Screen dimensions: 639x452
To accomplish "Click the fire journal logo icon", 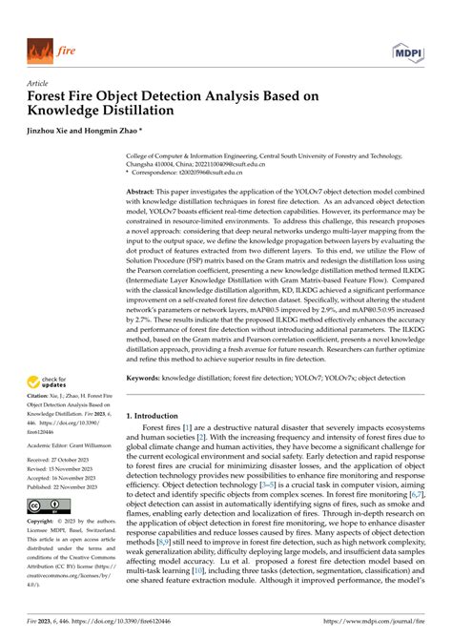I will (39, 48).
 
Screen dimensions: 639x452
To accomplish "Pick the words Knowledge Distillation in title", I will (100, 110).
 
